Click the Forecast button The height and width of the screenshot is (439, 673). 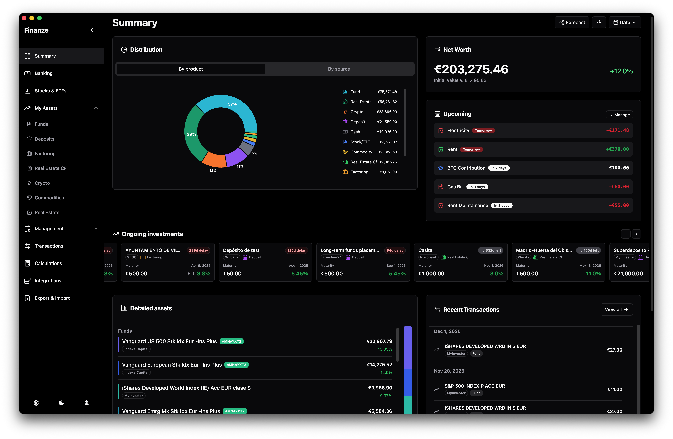click(x=572, y=22)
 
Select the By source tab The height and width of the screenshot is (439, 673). click(x=339, y=69)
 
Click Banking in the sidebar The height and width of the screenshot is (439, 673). click(x=43, y=73)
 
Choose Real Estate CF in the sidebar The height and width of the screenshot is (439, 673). click(x=50, y=168)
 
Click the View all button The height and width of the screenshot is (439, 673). click(x=616, y=310)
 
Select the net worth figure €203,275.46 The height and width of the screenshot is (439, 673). click(x=471, y=69)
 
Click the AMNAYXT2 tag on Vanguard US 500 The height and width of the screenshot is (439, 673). click(x=231, y=341)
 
